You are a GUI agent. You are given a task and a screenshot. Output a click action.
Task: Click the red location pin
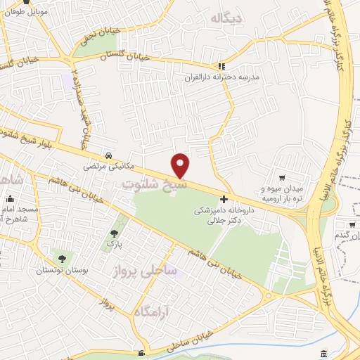tap(181, 165)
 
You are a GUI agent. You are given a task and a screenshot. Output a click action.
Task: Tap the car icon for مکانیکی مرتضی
tap(107, 155)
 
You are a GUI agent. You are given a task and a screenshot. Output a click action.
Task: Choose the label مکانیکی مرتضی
tap(103, 167)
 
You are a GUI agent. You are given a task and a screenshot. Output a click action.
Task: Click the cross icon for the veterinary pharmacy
tap(224, 199)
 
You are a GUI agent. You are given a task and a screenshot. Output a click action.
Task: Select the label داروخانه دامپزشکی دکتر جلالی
tap(223, 214)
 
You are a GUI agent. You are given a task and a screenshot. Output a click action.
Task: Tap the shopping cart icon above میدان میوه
tap(282, 178)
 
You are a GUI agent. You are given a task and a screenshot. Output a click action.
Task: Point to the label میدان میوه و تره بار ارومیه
tap(287, 193)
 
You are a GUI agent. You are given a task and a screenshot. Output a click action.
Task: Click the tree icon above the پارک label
tap(114, 233)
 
